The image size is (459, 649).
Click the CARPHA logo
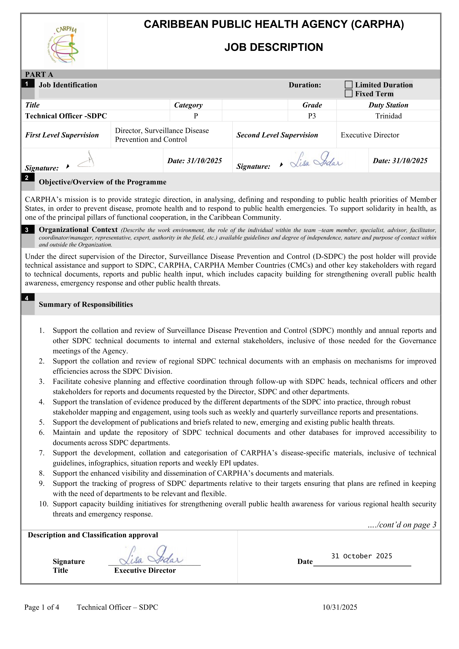coord(64,45)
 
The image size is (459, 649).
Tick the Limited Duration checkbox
coord(349,85)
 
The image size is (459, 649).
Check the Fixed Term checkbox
coord(349,94)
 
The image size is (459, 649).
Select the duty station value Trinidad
coord(388,116)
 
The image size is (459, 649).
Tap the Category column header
coord(188,105)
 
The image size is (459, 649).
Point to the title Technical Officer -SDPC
coord(66,116)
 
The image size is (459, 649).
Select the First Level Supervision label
coord(62,135)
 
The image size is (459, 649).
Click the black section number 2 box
coord(27,178)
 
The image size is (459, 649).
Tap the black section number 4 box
coord(27,298)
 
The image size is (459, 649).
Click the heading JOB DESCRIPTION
coord(274,47)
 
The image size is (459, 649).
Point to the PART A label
coord(39,74)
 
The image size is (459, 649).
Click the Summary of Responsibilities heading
coord(86,305)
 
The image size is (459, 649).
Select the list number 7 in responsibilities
coord(42,453)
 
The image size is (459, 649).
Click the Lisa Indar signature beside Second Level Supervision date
coord(316,161)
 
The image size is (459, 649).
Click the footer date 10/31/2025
coord(340,607)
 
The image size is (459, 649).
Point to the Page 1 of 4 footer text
coord(42,607)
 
